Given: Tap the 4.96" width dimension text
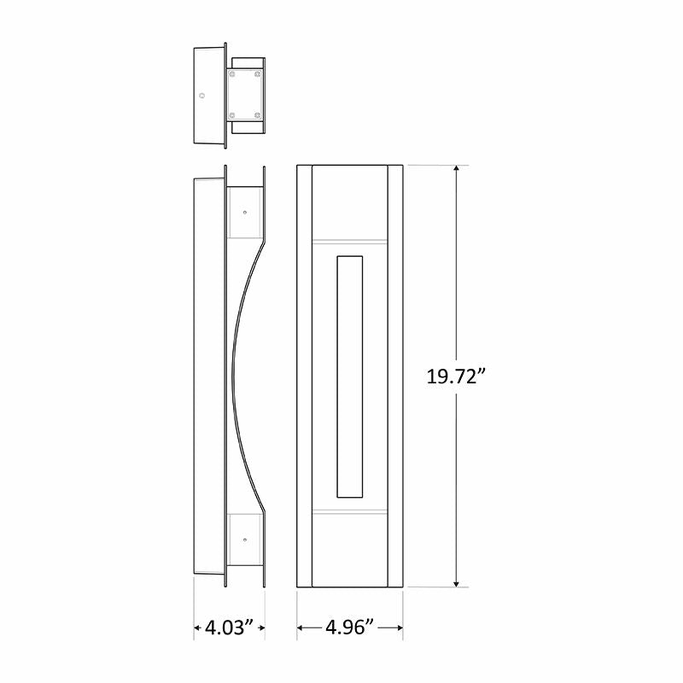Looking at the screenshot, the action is pos(350,628).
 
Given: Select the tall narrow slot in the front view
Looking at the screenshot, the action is pos(350,376).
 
